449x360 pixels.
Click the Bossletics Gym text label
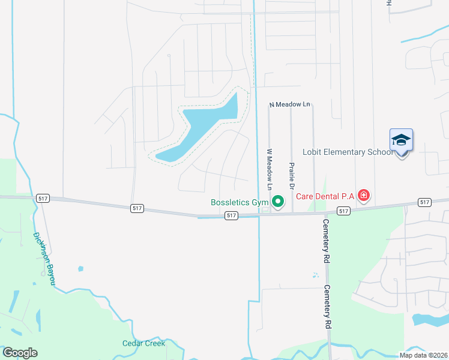(x=240, y=203)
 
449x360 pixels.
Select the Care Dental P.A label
(x=325, y=196)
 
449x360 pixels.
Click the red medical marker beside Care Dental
(x=363, y=195)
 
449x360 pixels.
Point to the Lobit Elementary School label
(x=348, y=152)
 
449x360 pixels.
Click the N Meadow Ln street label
(x=289, y=105)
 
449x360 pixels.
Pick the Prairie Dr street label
(x=291, y=176)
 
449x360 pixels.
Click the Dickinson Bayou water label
(x=44, y=259)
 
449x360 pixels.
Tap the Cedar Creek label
(x=143, y=344)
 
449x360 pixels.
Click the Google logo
(x=20, y=353)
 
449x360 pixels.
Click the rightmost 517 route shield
(x=425, y=202)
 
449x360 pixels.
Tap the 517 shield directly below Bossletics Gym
(x=231, y=215)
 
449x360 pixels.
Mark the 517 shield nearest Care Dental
(x=343, y=211)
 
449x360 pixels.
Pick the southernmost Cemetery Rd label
(x=328, y=306)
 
